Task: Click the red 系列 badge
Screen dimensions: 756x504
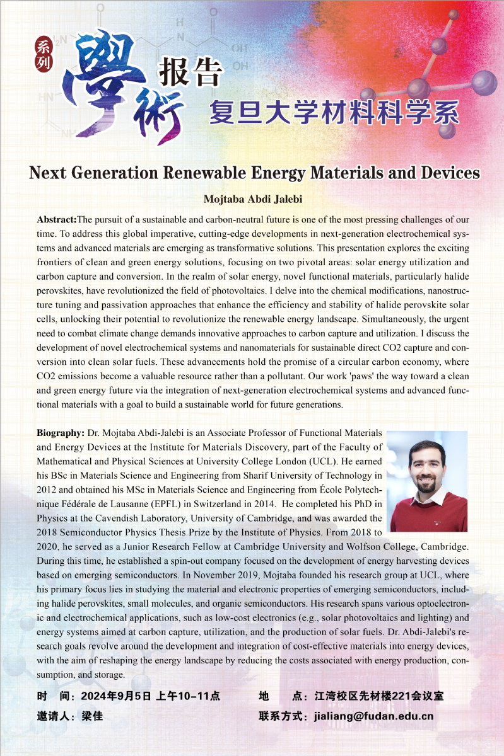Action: click(44, 54)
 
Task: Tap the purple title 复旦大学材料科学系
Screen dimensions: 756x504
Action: click(334, 112)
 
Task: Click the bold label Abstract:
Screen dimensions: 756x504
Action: click(57, 220)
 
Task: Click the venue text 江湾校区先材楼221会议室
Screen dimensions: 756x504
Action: click(379, 697)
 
